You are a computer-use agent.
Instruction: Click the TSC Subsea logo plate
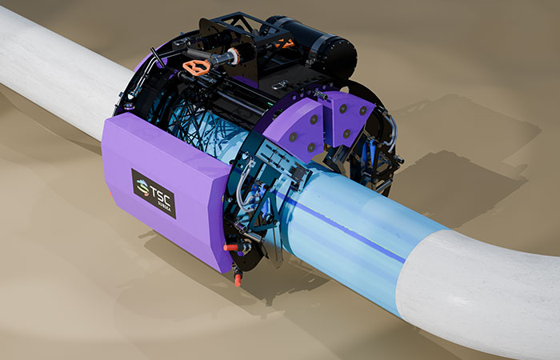click(154, 193)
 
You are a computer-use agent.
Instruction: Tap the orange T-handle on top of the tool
click(196, 65)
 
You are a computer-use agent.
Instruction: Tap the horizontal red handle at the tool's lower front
click(232, 247)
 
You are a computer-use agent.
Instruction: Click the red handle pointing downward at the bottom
click(238, 279)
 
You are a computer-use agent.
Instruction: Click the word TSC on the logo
click(160, 189)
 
